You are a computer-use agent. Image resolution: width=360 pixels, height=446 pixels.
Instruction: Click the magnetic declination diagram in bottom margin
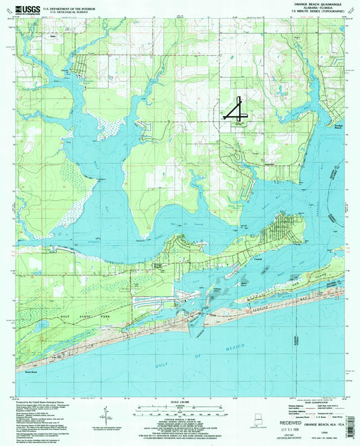(105, 413)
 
